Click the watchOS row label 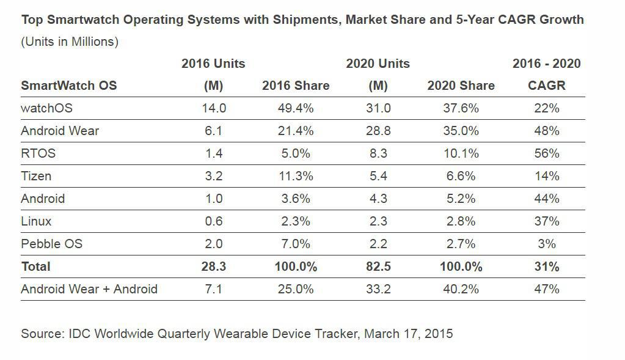coord(46,108)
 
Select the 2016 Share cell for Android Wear coord(295,131)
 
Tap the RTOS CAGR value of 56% coord(546,153)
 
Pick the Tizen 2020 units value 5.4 coord(378,176)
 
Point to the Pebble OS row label coord(51,244)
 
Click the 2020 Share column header coord(461,86)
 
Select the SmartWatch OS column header coord(68,86)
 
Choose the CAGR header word coord(546,86)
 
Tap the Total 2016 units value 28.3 coord(213,266)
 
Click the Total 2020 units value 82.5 coord(378,266)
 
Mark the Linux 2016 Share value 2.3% coord(295,221)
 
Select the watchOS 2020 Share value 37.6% coord(461,108)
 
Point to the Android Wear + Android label coord(89,289)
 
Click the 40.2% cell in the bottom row coord(461,289)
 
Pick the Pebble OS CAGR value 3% coord(546,244)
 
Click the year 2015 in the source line coord(439,334)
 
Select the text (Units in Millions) coord(70,42)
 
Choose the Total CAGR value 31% coord(546,266)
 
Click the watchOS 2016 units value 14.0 coord(213,108)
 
